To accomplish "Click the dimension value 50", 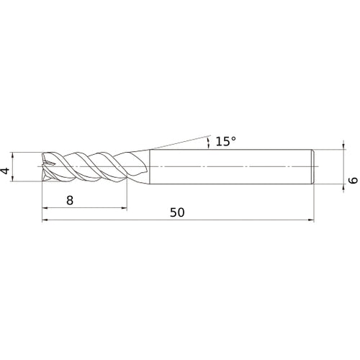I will [178, 212].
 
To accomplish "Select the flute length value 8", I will [70, 201].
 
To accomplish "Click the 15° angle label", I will [225, 141].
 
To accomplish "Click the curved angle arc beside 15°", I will [208, 143].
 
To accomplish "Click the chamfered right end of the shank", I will [312, 166].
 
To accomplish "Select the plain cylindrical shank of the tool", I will [230, 166].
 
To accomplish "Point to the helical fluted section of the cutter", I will [86, 166].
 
